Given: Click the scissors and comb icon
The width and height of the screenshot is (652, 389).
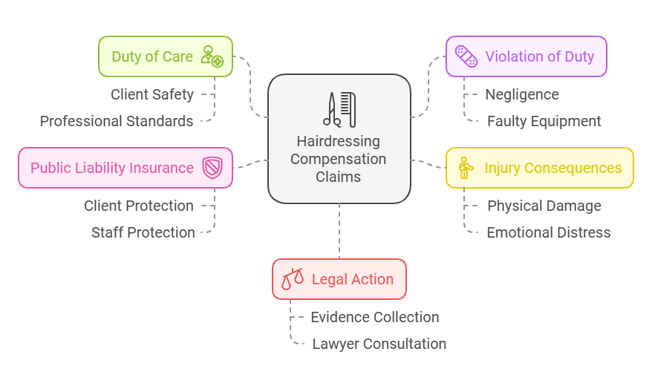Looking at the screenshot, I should click(x=339, y=109).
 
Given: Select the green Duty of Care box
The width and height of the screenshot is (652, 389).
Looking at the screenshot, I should click(x=166, y=56).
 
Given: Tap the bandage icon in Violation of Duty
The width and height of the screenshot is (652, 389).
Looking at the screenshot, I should click(x=466, y=56).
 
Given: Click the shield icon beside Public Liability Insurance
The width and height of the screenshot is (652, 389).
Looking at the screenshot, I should click(x=212, y=168).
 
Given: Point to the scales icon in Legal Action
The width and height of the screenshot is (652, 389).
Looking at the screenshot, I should click(x=292, y=279).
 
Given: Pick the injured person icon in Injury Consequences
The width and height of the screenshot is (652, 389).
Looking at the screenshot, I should click(x=465, y=168).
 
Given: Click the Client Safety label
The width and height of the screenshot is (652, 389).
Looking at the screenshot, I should click(x=152, y=94).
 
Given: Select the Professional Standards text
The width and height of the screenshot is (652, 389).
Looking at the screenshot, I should click(x=117, y=121).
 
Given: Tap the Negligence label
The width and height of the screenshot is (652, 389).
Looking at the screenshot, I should click(x=522, y=94).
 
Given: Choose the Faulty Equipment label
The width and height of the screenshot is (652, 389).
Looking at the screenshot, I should click(x=544, y=121).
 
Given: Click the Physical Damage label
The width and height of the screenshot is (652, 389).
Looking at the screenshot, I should click(x=544, y=206).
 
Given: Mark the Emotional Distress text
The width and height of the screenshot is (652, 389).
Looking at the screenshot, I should click(x=548, y=232).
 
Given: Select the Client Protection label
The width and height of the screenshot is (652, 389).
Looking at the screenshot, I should click(x=139, y=206).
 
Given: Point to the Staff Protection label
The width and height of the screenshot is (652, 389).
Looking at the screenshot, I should click(x=143, y=232).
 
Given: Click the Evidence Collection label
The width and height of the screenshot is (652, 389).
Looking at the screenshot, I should click(x=375, y=317).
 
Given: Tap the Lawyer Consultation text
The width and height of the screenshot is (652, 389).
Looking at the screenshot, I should click(x=379, y=344).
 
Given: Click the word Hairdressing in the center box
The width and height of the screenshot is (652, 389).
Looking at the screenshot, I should click(x=338, y=141).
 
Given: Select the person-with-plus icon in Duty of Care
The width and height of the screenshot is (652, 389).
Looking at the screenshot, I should click(x=212, y=56).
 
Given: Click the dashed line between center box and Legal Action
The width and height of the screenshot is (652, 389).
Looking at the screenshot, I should click(x=339, y=231).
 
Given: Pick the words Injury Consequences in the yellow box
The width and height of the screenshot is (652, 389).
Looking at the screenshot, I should click(x=552, y=168).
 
